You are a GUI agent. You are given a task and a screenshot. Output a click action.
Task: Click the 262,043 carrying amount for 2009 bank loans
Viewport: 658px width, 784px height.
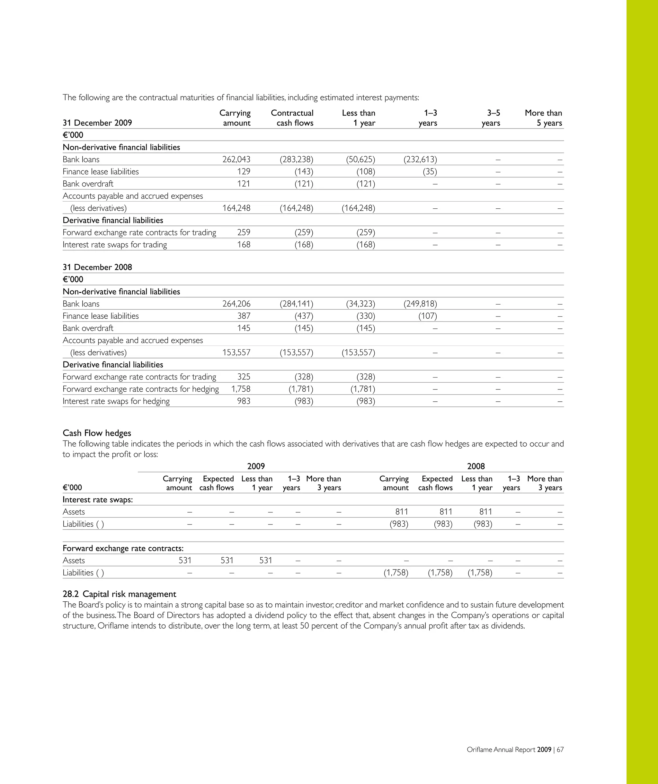[236, 160]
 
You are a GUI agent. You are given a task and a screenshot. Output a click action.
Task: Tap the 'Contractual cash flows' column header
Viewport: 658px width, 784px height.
[292, 118]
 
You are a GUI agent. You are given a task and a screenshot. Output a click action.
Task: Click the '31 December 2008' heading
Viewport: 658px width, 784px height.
[97, 267]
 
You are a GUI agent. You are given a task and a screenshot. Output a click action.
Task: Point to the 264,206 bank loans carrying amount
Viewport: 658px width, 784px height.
[236, 304]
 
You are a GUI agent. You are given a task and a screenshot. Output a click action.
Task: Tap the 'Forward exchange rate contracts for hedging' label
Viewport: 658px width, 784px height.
[141, 389]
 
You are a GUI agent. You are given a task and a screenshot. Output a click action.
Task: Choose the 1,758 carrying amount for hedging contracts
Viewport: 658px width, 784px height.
[241, 389]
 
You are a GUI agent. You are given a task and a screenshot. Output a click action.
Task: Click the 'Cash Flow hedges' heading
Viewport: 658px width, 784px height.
[97, 433]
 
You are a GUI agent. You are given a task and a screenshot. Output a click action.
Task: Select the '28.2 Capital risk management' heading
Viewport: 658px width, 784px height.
[120, 594]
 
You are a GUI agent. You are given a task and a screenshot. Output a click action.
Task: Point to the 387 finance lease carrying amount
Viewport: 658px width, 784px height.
[244, 316]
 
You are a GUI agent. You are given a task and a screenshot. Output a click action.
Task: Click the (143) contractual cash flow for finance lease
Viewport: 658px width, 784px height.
[304, 171]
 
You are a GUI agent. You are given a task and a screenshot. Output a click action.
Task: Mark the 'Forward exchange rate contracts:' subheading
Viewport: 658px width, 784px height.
[123, 548]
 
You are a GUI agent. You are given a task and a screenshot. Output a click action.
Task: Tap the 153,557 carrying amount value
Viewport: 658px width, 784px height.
[236, 352]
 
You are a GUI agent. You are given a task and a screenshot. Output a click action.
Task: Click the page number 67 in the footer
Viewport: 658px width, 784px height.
[560, 749]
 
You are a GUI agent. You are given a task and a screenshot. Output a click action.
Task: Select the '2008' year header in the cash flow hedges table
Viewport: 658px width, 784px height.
[476, 466]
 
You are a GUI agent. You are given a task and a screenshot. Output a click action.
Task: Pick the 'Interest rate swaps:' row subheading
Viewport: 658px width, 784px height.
[98, 500]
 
